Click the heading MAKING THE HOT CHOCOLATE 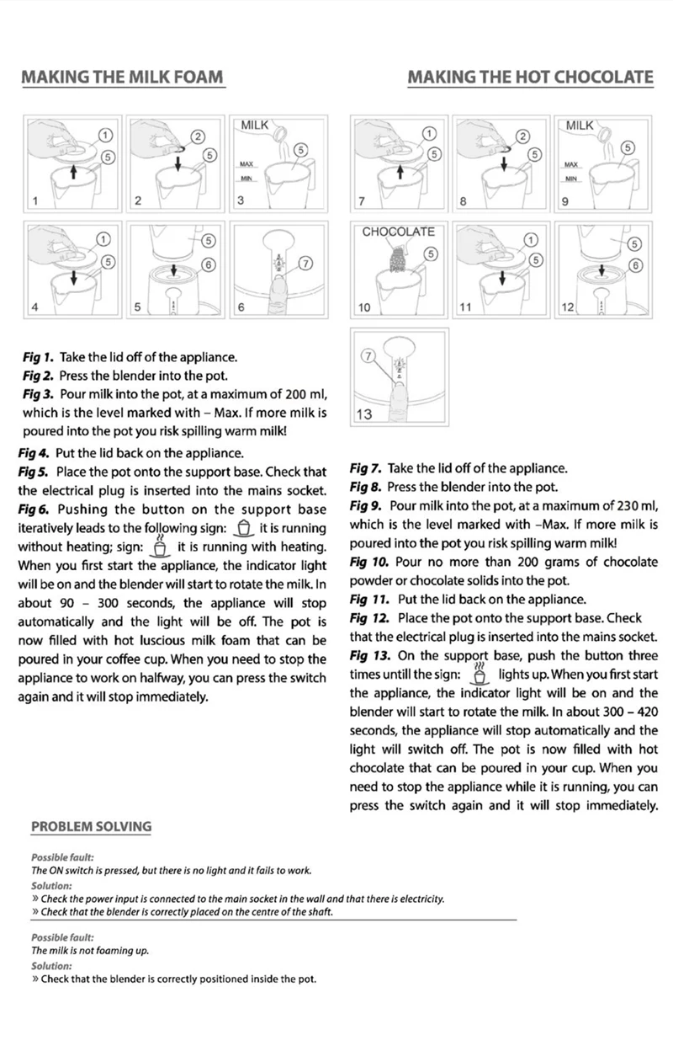530,77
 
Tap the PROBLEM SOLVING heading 91,826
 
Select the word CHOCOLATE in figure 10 399,232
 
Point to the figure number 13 364,414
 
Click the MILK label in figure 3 254,125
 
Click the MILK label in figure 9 579,125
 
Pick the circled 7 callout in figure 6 305,263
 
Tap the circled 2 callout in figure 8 522,136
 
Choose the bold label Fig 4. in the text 34,453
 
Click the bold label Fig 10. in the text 368,563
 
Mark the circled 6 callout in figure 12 637,265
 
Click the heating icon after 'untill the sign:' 480,675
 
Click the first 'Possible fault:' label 61,857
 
